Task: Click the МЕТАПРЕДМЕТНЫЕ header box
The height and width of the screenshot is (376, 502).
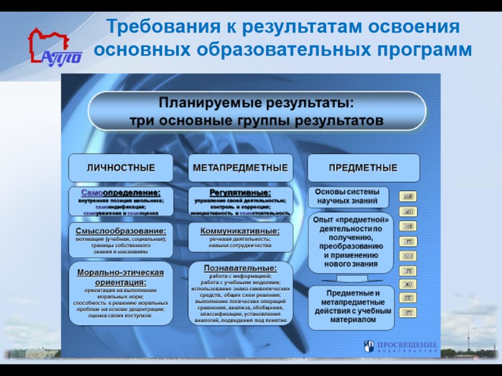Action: pos(240,168)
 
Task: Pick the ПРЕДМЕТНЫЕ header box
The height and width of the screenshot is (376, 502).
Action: pos(363,168)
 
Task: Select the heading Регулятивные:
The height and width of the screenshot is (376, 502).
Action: pos(240,192)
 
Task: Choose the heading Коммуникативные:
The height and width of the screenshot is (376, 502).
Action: pos(240,231)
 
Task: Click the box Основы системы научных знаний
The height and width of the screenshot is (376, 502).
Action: pos(347,197)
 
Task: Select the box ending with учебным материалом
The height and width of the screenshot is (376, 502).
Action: pos(351,307)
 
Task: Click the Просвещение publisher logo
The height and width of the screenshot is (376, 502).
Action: pos(402,346)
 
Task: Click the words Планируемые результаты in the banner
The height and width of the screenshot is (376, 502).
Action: pos(256,102)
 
